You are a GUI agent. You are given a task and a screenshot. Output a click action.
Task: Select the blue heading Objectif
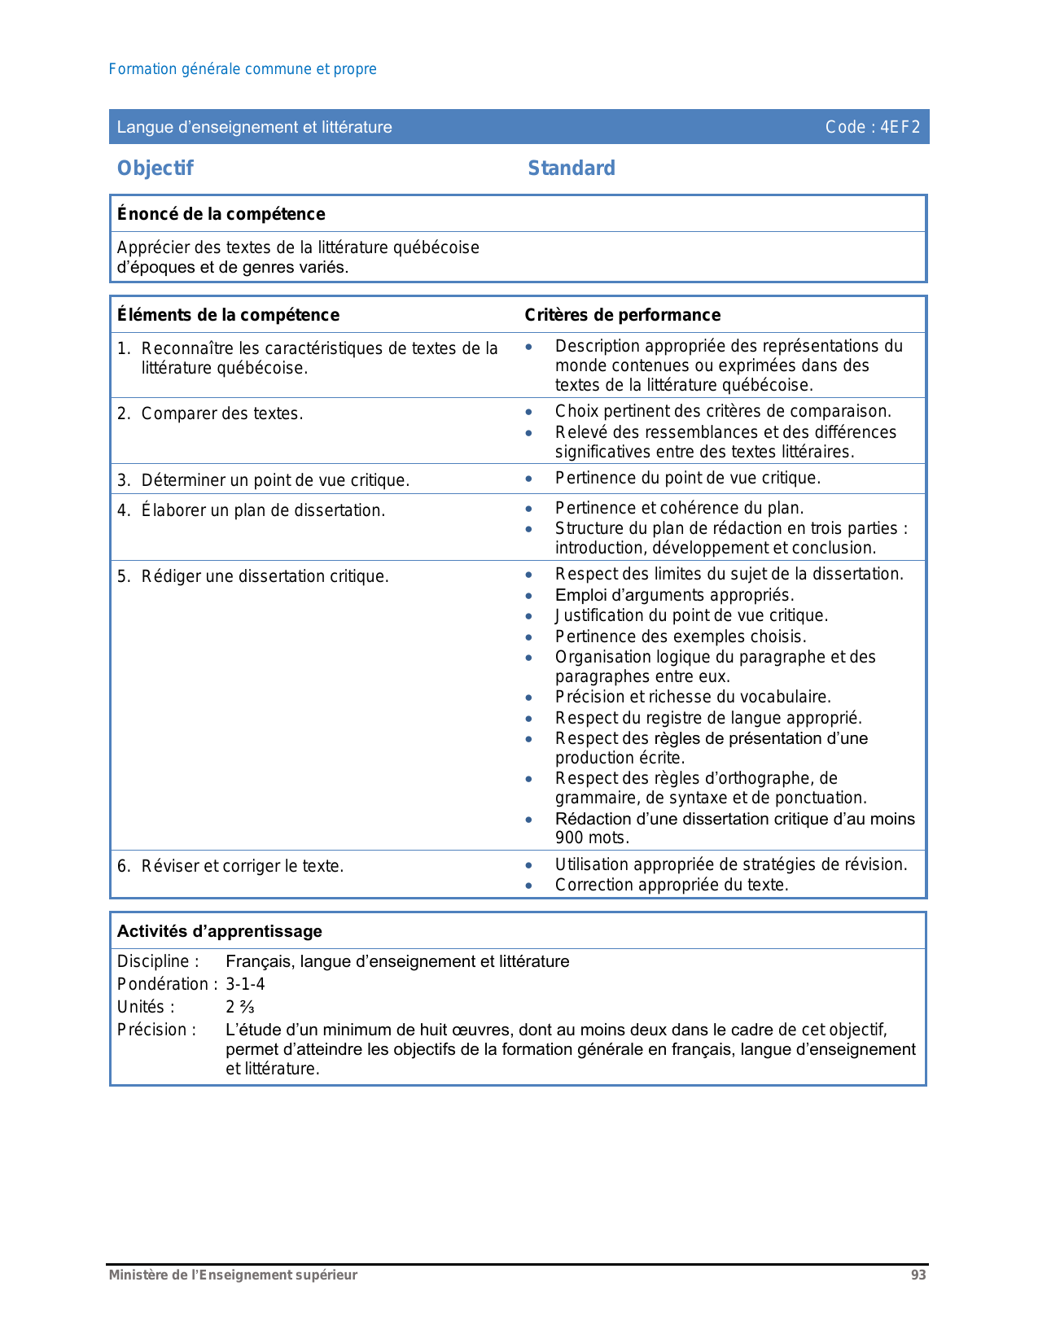[155, 168]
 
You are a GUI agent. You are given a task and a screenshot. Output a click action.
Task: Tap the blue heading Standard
[572, 168]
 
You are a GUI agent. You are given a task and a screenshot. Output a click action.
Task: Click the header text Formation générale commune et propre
[243, 69]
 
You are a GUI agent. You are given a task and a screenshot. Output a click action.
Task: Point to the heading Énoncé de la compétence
[221, 214]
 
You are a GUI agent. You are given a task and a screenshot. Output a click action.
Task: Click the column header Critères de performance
[622, 315]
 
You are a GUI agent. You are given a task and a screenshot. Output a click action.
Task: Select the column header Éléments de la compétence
[228, 315]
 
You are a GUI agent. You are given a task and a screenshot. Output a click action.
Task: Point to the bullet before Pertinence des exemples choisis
[529, 637]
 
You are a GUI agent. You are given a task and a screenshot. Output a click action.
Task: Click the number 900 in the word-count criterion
[569, 838]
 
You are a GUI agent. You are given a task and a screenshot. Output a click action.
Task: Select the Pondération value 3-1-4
[245, 984]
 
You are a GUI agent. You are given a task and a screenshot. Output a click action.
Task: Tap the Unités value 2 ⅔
[240, 1007]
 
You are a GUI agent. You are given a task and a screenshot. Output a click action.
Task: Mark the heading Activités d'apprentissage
[219, 931]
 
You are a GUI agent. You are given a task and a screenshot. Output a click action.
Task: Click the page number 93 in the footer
[918, 1275]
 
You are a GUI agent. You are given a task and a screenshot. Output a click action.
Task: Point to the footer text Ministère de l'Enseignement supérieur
[233, 1275]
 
